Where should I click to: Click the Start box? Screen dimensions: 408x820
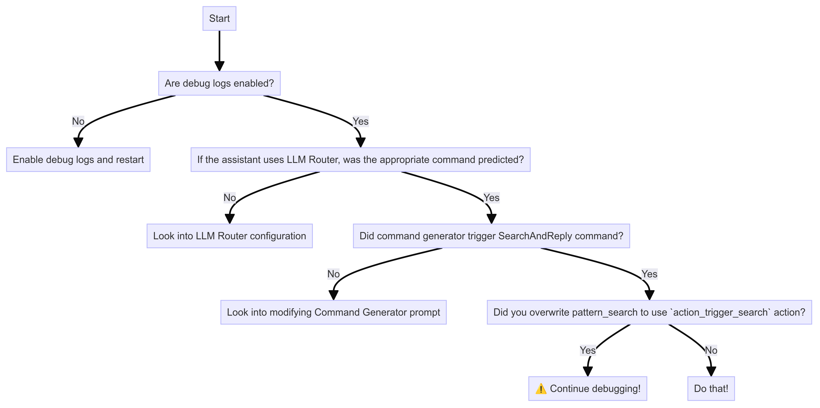[x=219, y=18]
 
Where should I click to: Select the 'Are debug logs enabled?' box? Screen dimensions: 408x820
[x=219, y=83]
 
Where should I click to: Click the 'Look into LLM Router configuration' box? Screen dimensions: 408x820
[x=230, y=236]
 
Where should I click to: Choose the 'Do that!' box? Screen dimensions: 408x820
[x=711, y=389]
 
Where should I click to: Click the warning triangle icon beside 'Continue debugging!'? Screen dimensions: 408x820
[x=541, y=389]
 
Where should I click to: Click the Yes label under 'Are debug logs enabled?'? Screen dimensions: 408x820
[x=360, y=121]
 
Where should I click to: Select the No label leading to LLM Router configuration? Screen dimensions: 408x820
[x=230, y=198]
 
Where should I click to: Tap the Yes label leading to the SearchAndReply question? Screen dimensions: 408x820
[x=491, y=198]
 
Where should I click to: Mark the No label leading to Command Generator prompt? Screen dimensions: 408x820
[x=333, y=274]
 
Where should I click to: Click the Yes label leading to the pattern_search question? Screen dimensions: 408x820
[x=649, y=274]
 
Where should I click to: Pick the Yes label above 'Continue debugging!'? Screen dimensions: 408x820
[x=587, y=350]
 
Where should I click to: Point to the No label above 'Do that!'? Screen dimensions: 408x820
[x=711, y=350]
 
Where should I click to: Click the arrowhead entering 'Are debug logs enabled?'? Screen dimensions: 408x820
[x=219, y=66]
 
